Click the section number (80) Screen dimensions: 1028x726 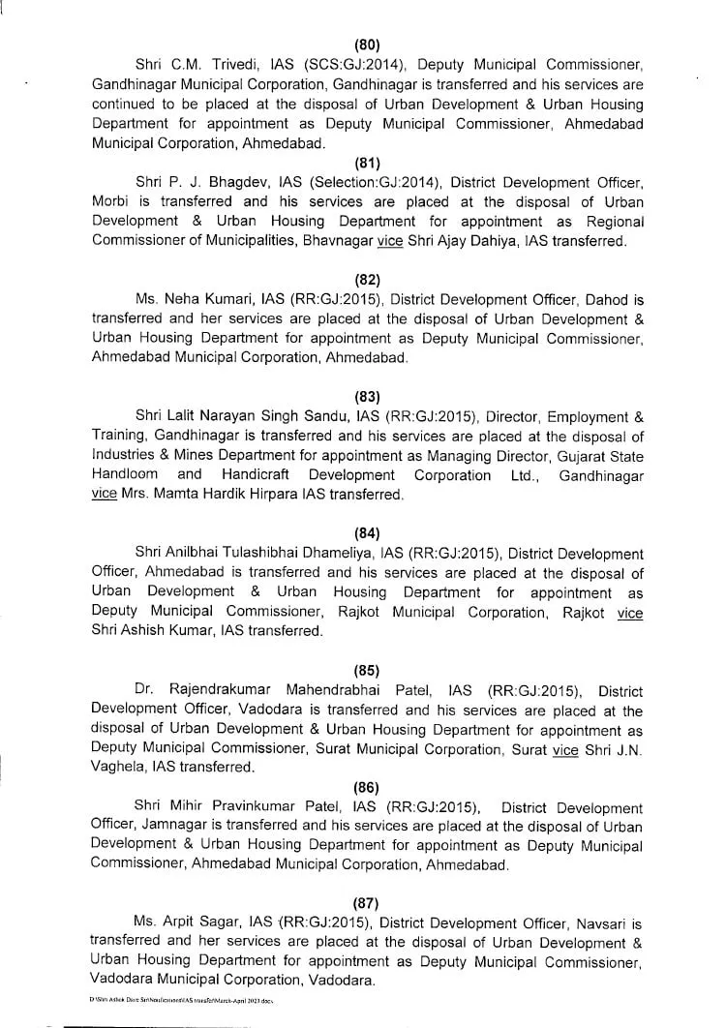(367, 45)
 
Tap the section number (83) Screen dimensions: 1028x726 (367, 395)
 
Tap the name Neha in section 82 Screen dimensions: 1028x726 (179, 301)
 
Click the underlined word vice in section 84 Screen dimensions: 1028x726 (630, 612)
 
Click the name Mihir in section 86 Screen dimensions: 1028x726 (185, 807)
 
